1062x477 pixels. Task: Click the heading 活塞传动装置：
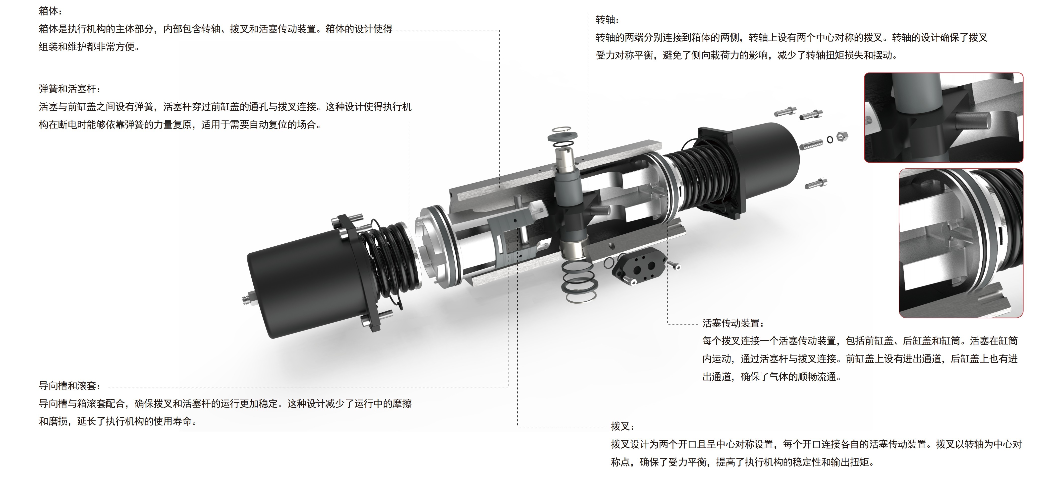pyautogui.click(x=733, y=323)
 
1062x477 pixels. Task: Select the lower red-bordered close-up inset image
pyautogui.click(x=961, y=243)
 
